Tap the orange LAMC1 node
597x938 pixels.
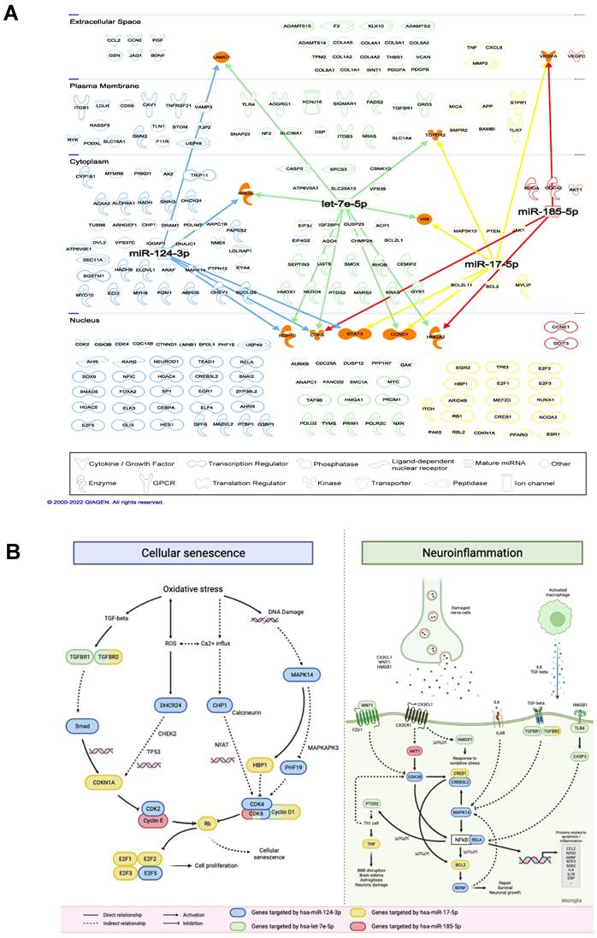222,56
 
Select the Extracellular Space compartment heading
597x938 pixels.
105,21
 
